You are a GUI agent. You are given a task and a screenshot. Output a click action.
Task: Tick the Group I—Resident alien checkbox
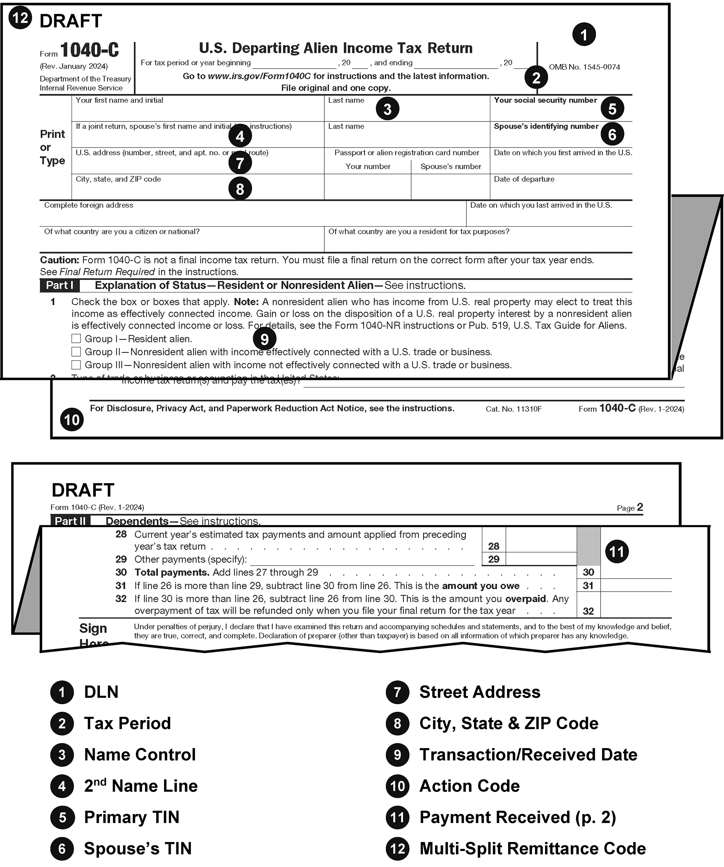(76, 339)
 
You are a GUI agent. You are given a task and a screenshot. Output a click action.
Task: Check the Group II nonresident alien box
(76, 352)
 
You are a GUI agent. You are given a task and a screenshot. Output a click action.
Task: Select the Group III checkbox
(76, 365)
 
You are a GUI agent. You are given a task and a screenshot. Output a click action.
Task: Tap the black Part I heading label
(60, 285)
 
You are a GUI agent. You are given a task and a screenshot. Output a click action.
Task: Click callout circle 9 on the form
(264, 339)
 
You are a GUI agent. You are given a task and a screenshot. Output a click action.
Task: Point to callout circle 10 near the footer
(72, 420)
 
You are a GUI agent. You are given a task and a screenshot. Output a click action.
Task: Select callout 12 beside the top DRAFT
(20, 18)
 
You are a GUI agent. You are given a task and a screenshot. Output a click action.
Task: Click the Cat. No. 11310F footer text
(513, 409)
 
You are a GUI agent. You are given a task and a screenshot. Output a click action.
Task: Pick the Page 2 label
(630, 507)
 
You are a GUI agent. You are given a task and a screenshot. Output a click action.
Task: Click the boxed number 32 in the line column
(588, 611)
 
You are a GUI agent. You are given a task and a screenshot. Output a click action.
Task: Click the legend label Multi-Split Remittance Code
(532, 848)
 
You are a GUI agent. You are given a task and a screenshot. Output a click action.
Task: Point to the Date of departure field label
(524, 179)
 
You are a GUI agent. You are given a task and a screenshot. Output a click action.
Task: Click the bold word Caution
(59, 260)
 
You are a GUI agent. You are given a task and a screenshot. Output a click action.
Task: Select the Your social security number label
(545, 100)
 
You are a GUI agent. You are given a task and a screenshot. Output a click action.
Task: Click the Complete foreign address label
(89, 205)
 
